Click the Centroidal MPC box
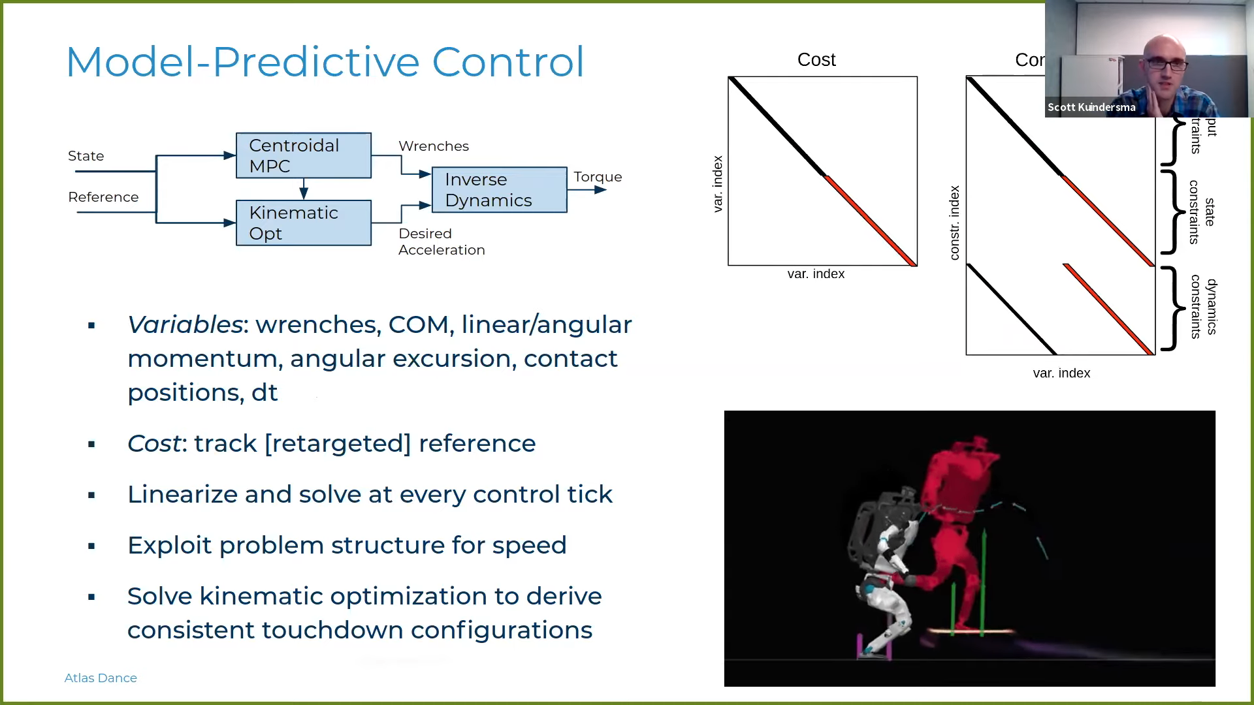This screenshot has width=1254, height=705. pyautogui.click(x=304, y=155)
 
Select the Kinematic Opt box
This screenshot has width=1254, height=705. pyautogui.click(x=304, y=223)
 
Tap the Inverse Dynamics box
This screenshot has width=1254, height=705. pyautogui.click(x=499, y=190)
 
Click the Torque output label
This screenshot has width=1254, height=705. pyautogui.click(x=598, y=177)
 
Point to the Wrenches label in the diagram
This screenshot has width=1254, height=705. pyautogui.click(x=434, y=146)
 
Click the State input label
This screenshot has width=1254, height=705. pyautogui.click(x=86, y=156)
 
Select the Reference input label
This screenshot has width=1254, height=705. pyautogui.click(x=103, y=197)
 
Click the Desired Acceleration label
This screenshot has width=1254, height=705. pyautogui.click(x=442, y=242)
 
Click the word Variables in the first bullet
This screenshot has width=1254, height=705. pyautogui.click(x=185, y=324)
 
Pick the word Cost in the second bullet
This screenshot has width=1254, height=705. pyautogui.click(x=153, y=443)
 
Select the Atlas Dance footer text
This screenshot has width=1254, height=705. pyautogui.click(x=101, y=678)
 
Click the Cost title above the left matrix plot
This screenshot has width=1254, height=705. pyautogui.click(x=816, y=60)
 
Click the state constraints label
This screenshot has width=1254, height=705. pyautogui.click(x=1202, y=212)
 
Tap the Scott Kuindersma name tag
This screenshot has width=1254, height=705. pyautogui.click(x=1091, y=108)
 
